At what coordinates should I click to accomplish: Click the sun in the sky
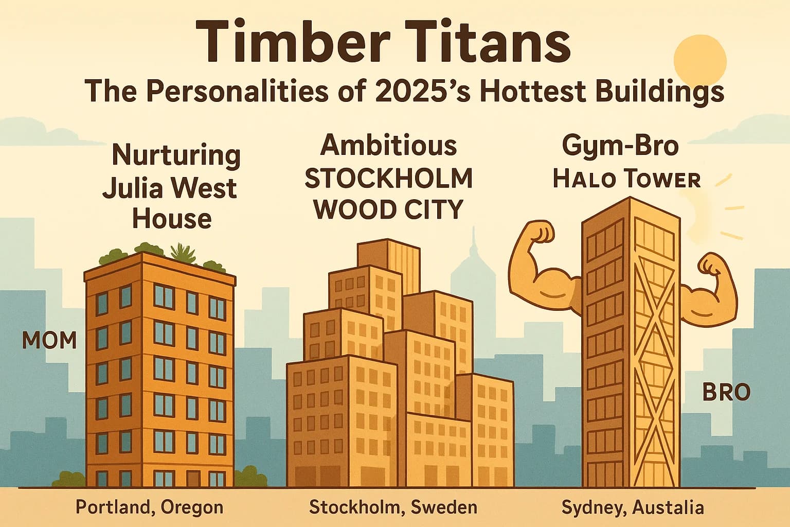[700, 61]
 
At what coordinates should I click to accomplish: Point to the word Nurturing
[176, 156]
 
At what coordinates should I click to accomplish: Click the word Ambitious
[388, 146]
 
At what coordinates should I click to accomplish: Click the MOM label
[49, 340]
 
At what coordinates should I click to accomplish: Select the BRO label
[727, 392]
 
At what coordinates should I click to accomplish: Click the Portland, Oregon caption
[150, 507]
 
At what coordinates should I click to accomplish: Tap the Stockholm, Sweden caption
[393, 507]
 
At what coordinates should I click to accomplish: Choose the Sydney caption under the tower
[633, 507]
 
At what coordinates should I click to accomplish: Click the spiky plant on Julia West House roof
[183, 253]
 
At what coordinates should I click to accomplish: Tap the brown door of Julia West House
[193, 478]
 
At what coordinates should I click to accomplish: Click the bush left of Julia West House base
[69, 479]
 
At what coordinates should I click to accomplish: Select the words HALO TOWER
[627, 179]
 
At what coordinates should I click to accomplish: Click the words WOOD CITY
[388, 209]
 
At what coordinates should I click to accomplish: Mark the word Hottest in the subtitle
[533, 92]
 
